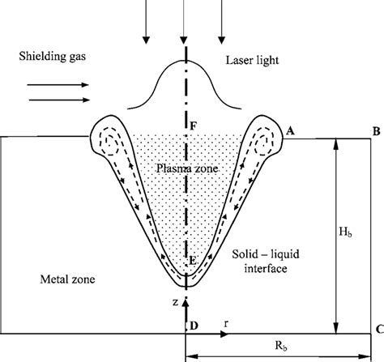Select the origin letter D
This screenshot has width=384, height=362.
(x=194, y=326)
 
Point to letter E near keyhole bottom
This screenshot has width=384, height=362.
(x=193, y=261)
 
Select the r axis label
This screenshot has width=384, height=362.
(x=226, y=323)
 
